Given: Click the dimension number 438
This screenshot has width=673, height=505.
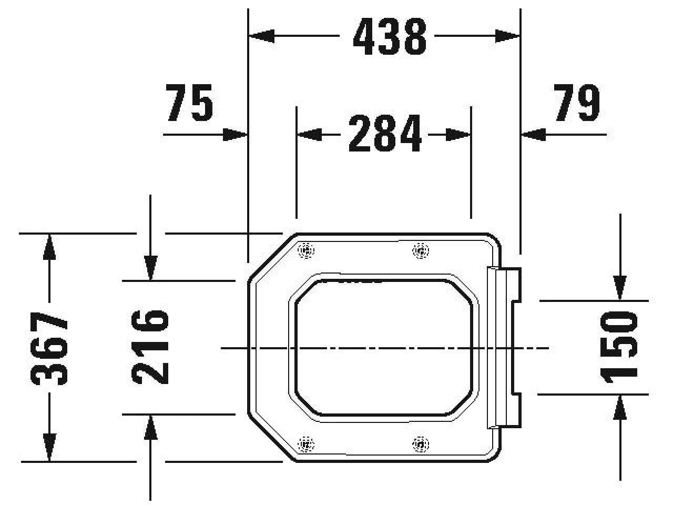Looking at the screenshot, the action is (x=390, y=36).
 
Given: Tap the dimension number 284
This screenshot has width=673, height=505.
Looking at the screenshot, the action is (x=385, y=134).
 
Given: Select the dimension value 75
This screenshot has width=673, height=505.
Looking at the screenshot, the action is (x=189, y=103).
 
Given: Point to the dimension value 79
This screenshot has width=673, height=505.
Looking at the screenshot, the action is (x=576, y=103).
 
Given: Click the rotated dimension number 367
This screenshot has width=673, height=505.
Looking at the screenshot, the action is (x=49, y=348).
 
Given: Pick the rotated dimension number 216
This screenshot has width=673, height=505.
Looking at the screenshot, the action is (x=150, y=347).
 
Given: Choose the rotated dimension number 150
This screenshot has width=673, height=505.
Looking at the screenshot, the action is (x=619, y=347).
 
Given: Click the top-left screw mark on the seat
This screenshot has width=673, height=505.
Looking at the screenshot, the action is (x=307, y=250).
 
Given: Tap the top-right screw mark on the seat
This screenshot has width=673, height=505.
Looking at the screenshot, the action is (x=421, y=250).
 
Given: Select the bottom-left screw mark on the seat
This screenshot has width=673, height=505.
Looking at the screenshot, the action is (x=307, y=443).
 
